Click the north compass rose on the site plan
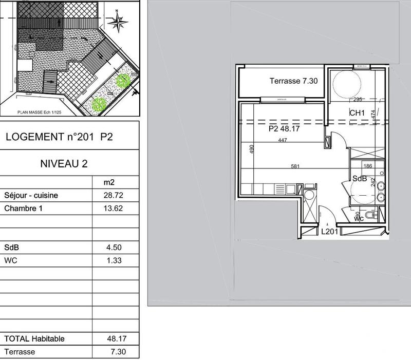pyautogui.click(x=120, y=22)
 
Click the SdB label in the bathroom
pyautogui.click(x=359, y=178)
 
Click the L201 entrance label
pyautogui.click(x=329, y=232)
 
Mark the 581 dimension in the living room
pyautogui.click(x=294, y=166)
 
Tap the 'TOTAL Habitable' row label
pyautogui.click(x=34, y=339)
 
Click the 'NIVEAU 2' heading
pyautogui.click(x=64, y=164)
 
